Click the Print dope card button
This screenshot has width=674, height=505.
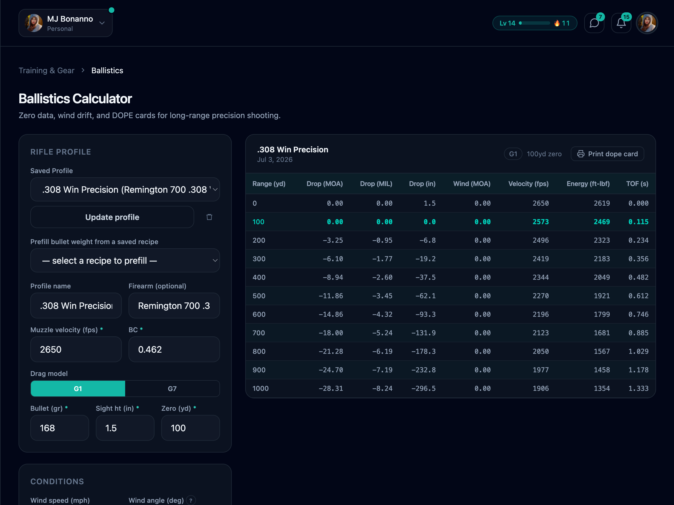point(607,154)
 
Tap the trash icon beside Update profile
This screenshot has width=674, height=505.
point(209,217)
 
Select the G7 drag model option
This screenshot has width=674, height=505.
point(172,389)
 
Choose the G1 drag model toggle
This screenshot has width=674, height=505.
point(78,389)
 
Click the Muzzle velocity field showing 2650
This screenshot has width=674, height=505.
point(76,349)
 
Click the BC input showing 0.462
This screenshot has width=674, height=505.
point(174,349)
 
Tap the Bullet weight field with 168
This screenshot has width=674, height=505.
point(60,428)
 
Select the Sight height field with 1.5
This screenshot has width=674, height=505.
point(125,428)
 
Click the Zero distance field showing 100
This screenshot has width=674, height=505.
point(191,428)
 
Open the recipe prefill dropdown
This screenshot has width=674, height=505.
point(125,260)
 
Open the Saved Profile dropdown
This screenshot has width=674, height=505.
point(125,189)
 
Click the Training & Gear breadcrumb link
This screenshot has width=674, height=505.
point(47,70)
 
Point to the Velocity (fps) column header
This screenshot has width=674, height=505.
point(528,184)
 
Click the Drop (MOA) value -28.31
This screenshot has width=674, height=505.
point(331,388)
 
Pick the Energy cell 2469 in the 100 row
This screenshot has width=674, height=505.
point(602,222)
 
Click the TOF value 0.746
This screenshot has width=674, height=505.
point(638,314)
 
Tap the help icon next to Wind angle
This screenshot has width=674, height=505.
point(191,500)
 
